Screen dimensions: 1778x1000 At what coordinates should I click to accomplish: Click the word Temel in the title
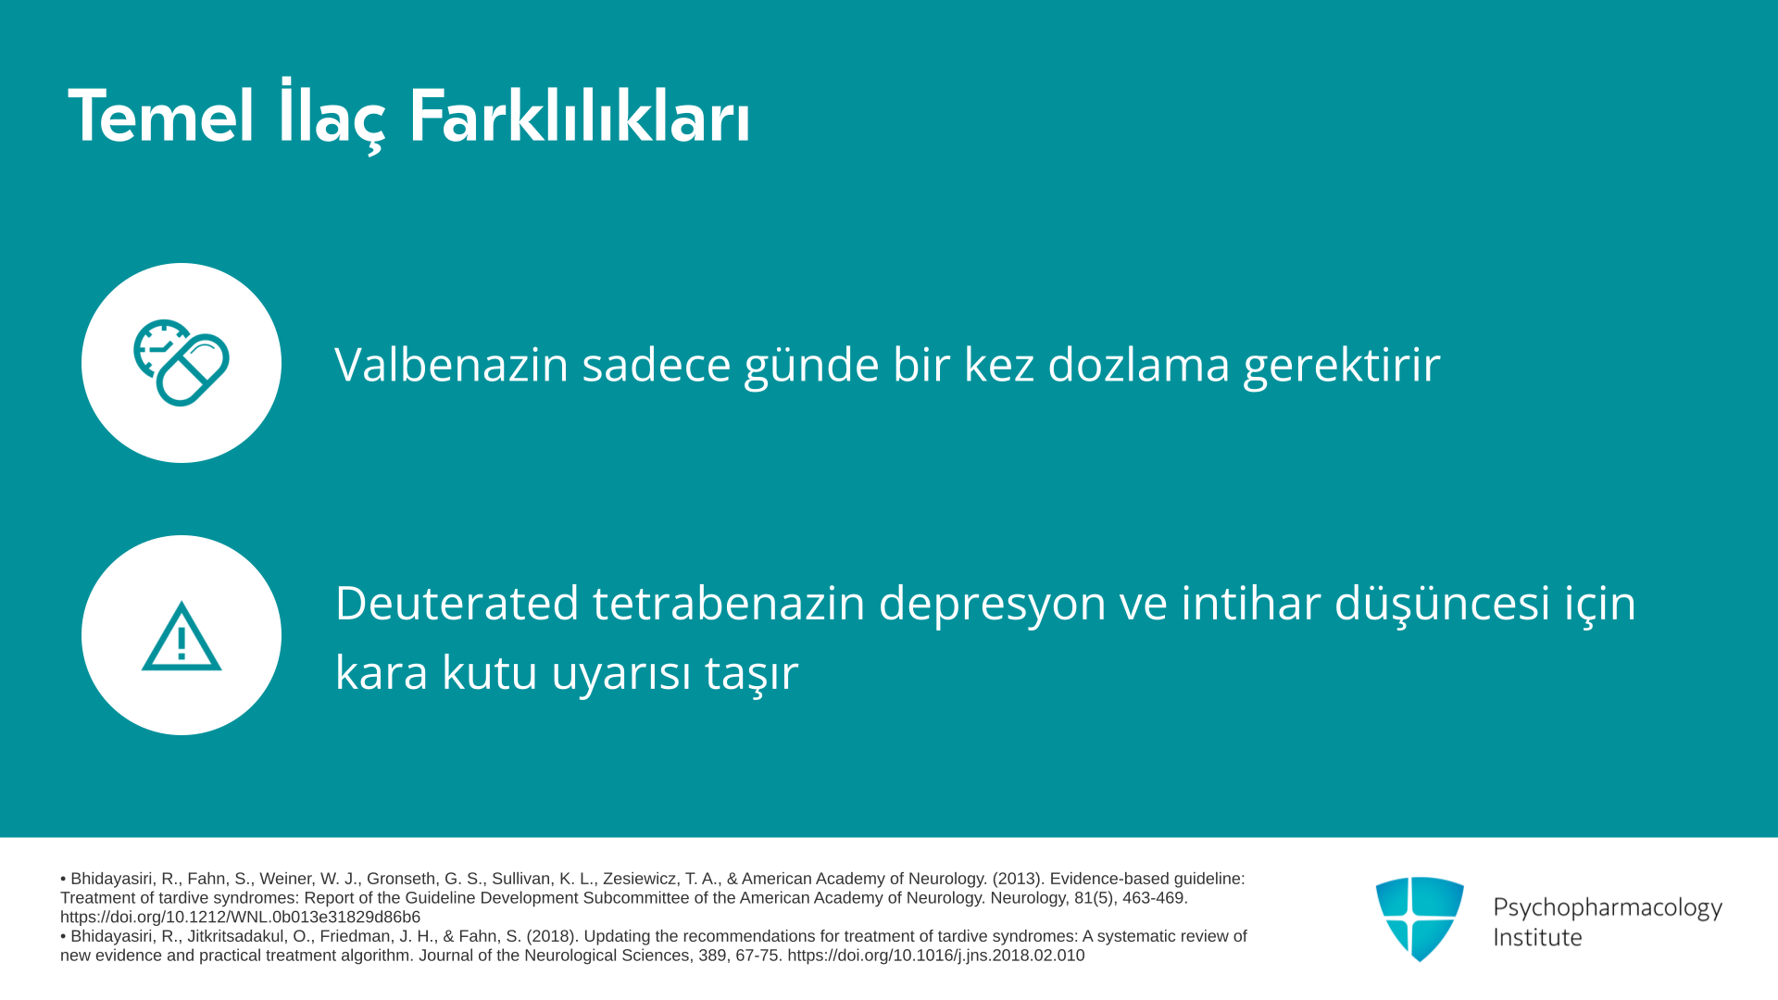(161, 117)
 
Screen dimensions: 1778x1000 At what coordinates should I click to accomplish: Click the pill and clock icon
(182, 363)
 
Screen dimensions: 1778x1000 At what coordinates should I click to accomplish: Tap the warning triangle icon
(182, 636)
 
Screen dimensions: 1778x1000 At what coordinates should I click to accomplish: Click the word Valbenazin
(451, 364)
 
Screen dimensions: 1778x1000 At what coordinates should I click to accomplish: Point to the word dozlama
(1138, 364)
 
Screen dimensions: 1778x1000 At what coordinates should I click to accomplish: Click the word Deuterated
(457, 603)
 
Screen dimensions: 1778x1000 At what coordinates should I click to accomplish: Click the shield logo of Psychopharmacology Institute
(1420, 919)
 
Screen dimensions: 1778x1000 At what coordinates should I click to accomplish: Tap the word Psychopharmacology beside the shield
(1608, 907)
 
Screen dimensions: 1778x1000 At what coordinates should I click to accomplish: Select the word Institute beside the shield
(1537, 937)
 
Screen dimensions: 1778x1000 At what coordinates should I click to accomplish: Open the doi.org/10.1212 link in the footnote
(240, 918)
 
